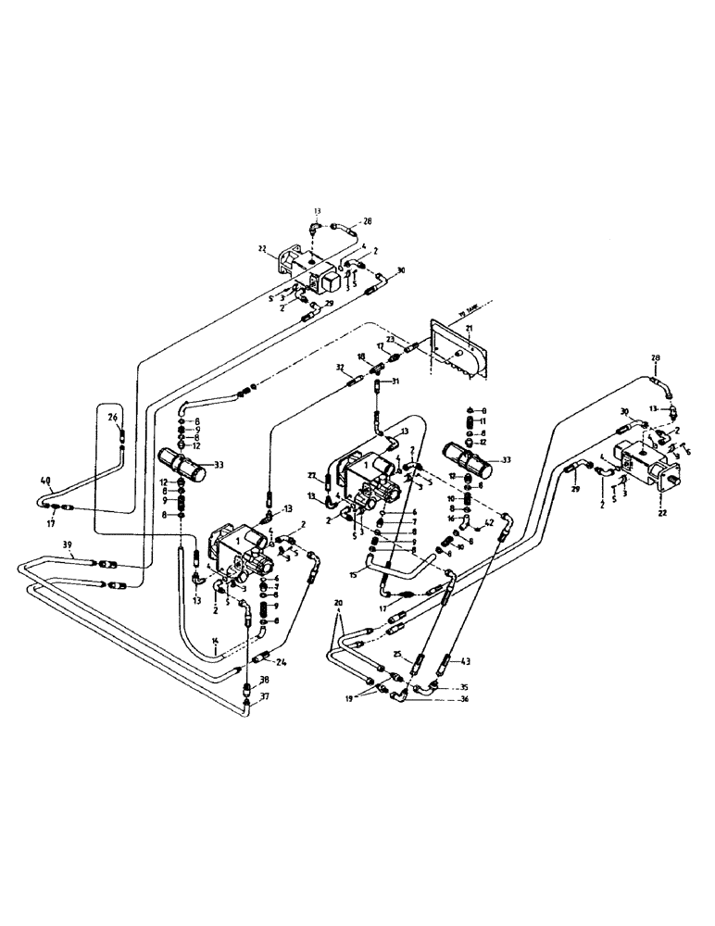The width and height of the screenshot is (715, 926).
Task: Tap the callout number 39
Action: [x=42, y=544]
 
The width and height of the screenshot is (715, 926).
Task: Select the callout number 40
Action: [x=46, y=481]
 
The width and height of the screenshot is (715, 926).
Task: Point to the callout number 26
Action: [x=111, y=418]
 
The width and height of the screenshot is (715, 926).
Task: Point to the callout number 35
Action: [x=465, y=688]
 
